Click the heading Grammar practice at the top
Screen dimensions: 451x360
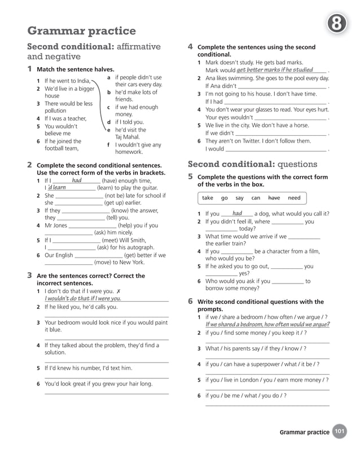click(x=81, y=30)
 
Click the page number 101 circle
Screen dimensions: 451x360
click(x=340, y=432)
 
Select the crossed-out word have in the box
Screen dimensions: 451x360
click(x=274, y=198)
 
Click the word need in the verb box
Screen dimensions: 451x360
click(x=294, y=198)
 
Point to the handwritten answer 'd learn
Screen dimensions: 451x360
click(x=56, y=187)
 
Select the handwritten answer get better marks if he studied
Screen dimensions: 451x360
click(x=275, y=70)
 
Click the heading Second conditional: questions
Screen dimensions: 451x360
click(x=252, y=164)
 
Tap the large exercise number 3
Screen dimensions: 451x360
click(x=29, y=276)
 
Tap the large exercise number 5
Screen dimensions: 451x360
click(x=191, y=177)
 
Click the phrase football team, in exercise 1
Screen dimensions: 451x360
click(x=62, y=149)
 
